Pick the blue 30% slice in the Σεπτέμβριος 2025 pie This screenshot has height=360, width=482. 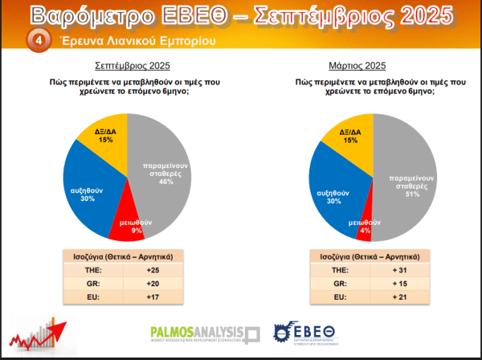91,190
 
